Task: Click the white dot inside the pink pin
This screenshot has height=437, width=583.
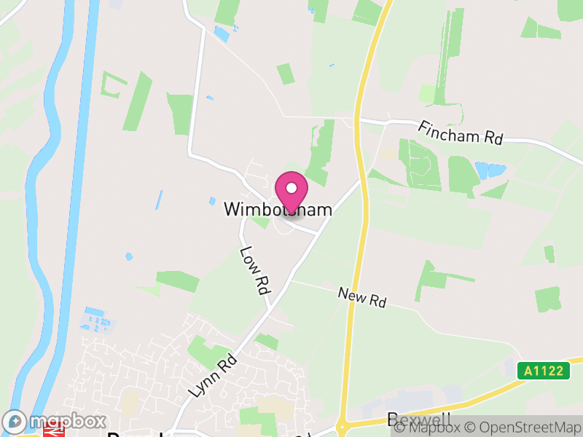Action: [291, 188]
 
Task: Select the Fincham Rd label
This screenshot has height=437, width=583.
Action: [461, 133]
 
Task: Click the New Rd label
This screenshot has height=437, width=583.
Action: [362, 296]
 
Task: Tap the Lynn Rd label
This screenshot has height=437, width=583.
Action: [214, 374]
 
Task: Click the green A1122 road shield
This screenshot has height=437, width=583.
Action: [544, 371]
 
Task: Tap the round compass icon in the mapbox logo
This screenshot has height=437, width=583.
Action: [15, 421]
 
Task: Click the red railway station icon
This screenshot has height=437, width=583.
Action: [52, 431]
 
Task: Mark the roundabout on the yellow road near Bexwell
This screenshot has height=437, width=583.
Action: [342, 427]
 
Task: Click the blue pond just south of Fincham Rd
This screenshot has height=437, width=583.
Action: [490, 171]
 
